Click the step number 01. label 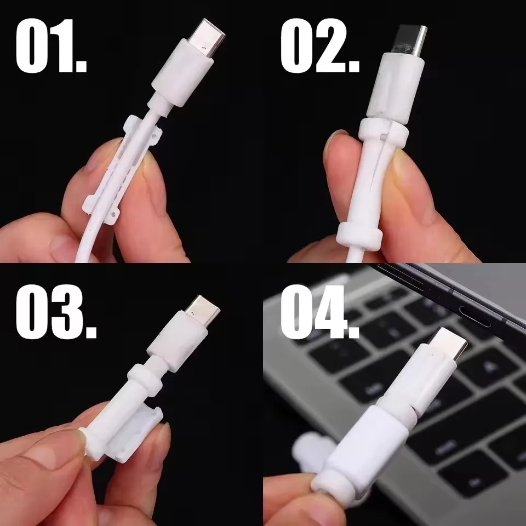(x=51, y=45)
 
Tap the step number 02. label (x=319, y=45)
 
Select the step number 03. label (x=56, y=312)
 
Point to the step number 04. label (x=319, y=312)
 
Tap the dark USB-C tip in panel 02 (x=410, y=39)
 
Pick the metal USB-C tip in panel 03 (x=202, y=310)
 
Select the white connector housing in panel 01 (x=182, y=72)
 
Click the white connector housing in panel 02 (x=396, y=87)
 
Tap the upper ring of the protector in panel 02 (x=384, y=132)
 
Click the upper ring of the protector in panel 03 (x=145, y=378)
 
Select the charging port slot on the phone (x=474, y=316)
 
